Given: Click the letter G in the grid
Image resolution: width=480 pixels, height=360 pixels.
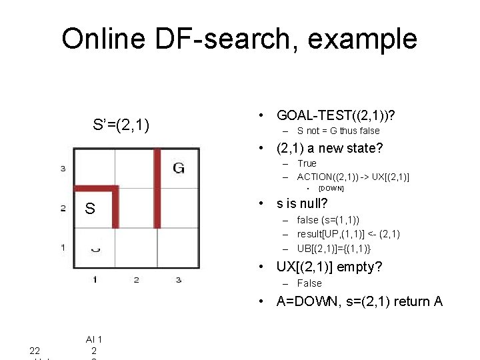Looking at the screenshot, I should click(x=179, y=168).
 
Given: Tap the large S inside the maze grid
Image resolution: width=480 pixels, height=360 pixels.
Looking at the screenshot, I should click(x=90, y=209).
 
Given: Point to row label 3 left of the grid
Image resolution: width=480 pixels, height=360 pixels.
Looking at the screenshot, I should click(x=63, y=168).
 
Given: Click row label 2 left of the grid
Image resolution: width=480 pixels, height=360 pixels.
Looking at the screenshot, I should click(x=63, y=209).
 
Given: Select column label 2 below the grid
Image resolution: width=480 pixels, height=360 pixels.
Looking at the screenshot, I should click(x=136, y=279).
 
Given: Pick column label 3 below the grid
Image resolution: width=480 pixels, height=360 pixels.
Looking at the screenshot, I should click(x=178, y=279).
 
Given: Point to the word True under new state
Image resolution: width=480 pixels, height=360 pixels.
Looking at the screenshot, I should click(x=307, y=163).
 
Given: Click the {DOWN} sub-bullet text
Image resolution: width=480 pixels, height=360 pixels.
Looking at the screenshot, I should click(x=331, y=189).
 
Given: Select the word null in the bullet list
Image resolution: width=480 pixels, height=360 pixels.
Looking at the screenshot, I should click(x=312, y=203).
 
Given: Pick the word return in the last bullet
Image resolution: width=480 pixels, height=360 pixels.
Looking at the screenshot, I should click(x=409, y=301).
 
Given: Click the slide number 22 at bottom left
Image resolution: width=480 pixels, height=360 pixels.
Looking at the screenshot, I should click(x=35, y=351).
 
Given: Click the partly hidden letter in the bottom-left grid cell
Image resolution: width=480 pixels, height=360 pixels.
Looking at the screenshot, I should click(x=95, y=249).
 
